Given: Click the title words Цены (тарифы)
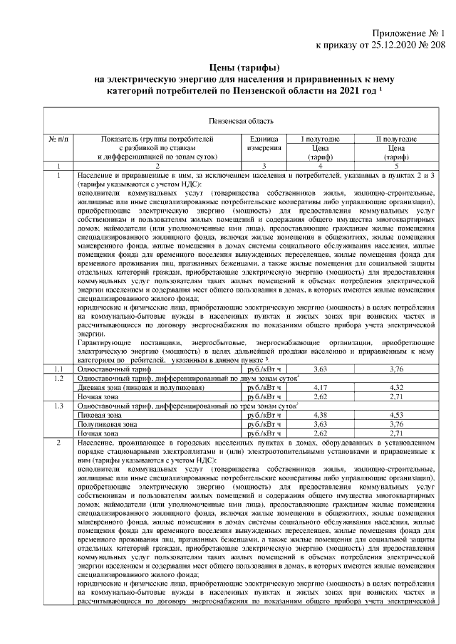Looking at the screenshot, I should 227,68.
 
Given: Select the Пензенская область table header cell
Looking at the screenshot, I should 227,122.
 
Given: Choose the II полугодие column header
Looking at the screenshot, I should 396,139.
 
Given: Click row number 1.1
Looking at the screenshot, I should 58,369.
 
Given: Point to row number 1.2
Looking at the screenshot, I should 58,378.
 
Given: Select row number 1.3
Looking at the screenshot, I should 58,406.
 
